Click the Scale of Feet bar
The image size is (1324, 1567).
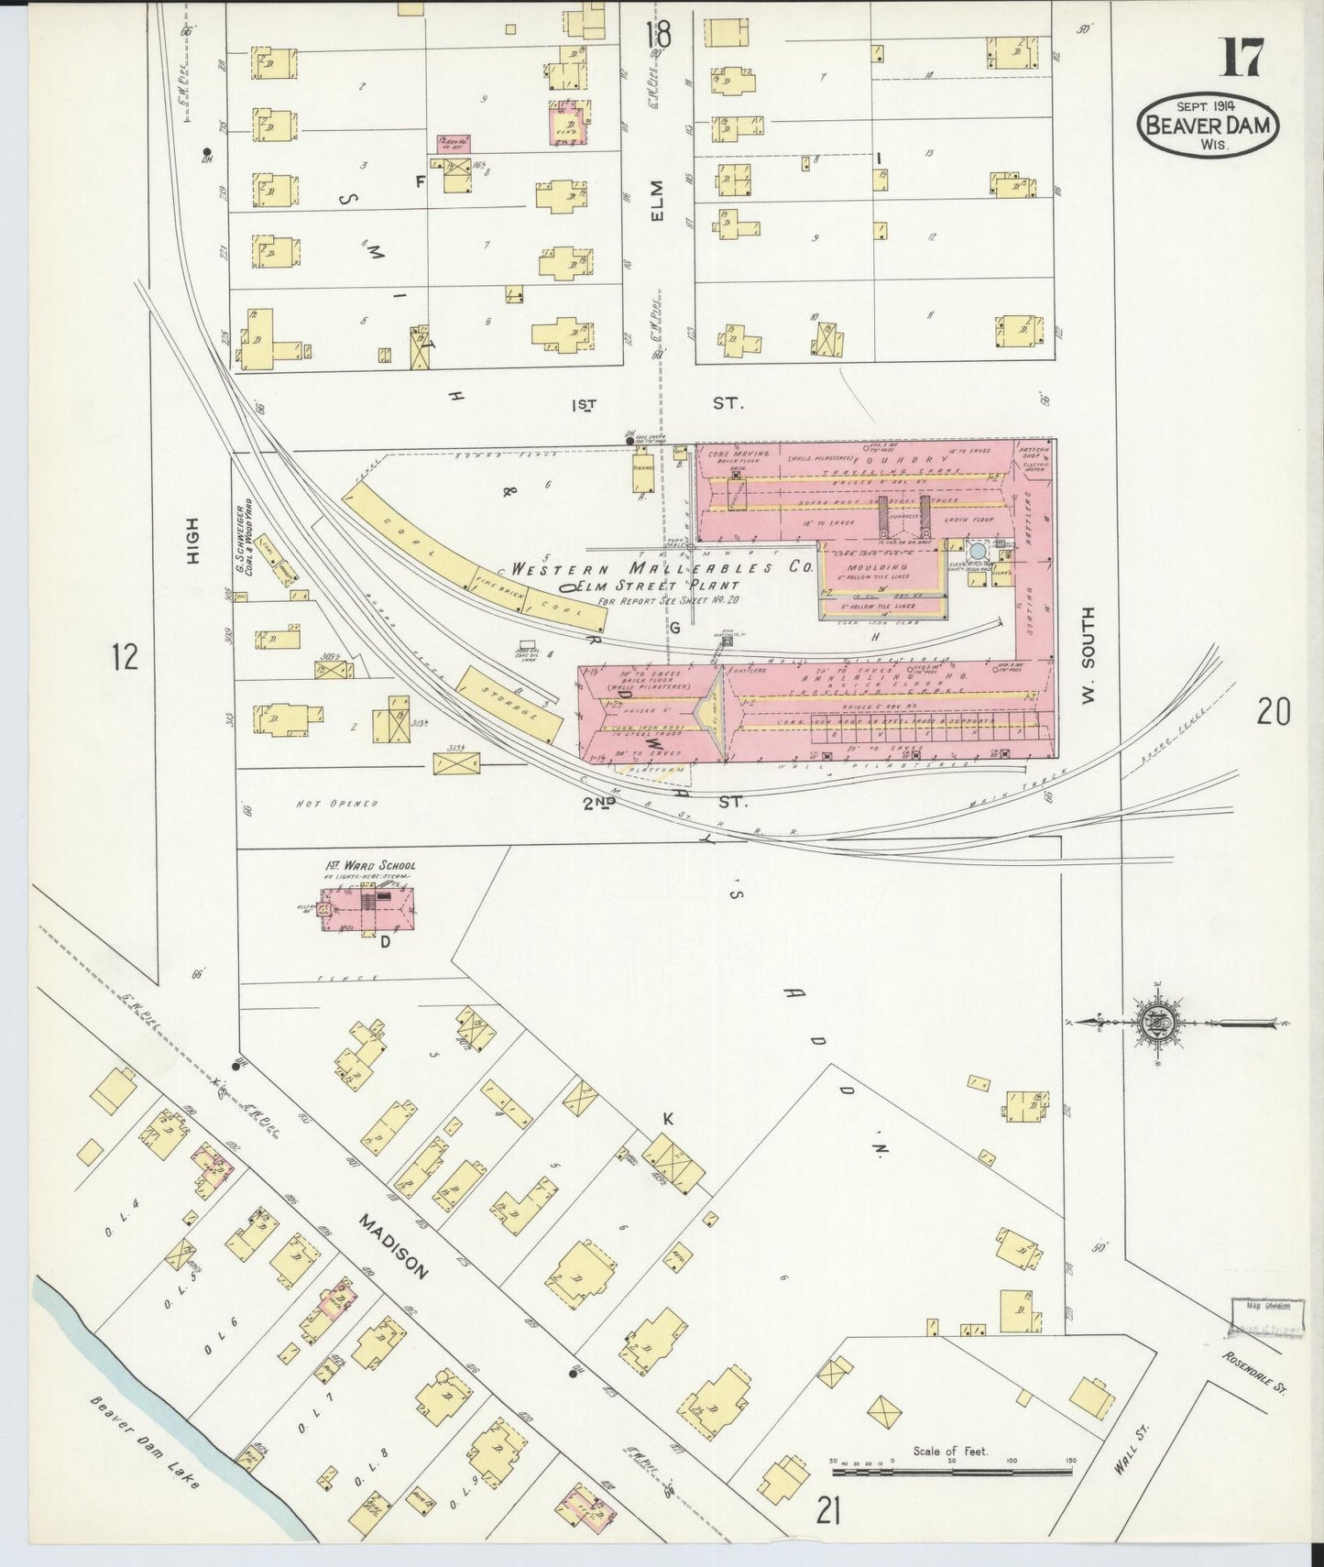pyautogui.click(x=952, y=1472)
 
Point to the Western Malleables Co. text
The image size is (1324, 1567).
pyautogui.click(x=662, y=568)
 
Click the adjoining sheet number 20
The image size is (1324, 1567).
pyautogui.click(x=1273, y=711)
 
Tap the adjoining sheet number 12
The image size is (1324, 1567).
pyautogui.click(x=125, y=656)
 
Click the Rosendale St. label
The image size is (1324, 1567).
pyautogui.click(x=1254, y=1371)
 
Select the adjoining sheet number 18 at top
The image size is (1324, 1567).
pyautogui.click(x=656, y=37)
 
